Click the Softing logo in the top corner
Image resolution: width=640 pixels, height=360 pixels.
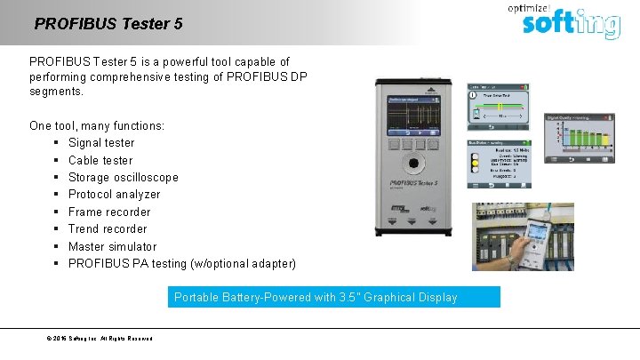click(x=570, y=20)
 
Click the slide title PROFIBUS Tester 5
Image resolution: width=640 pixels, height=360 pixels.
click(x=108, y=24)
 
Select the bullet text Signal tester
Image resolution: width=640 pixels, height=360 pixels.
click(x=101, y=142)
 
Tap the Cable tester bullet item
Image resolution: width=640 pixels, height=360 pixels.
click(x=100, y=160)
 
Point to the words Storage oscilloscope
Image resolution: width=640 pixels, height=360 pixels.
click(x=123, y=177)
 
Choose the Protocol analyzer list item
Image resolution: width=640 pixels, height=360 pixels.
click(x=114, y=194)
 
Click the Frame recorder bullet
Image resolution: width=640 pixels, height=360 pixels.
click(x=109, y=212)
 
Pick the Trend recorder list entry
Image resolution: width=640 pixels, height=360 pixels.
click(x=108, y=228)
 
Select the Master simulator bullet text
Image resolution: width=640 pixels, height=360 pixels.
click(x=112, y=246)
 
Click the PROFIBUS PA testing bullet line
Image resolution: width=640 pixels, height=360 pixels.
click(x=182, y=263)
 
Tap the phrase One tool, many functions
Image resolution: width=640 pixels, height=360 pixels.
click(x=97, y=125)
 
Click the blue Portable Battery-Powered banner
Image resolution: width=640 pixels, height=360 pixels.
click(x=334, y=297)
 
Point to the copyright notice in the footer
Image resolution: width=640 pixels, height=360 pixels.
click(x=100, y=339)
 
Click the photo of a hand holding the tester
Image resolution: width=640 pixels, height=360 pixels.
click(x=523, y=236)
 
